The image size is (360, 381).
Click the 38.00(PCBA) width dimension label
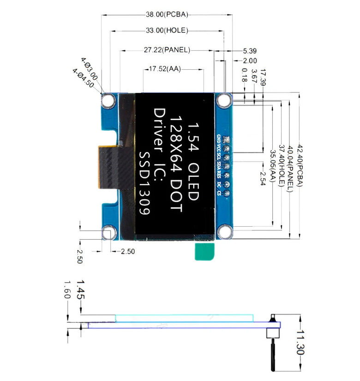(167, 14)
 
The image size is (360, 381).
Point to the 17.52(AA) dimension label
(165, 69)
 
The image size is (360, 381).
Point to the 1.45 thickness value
(80, 289)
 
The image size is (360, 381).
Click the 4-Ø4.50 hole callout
(83, 79)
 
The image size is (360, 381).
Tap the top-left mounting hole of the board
(109, 101)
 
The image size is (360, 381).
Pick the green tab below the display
(205, 251)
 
